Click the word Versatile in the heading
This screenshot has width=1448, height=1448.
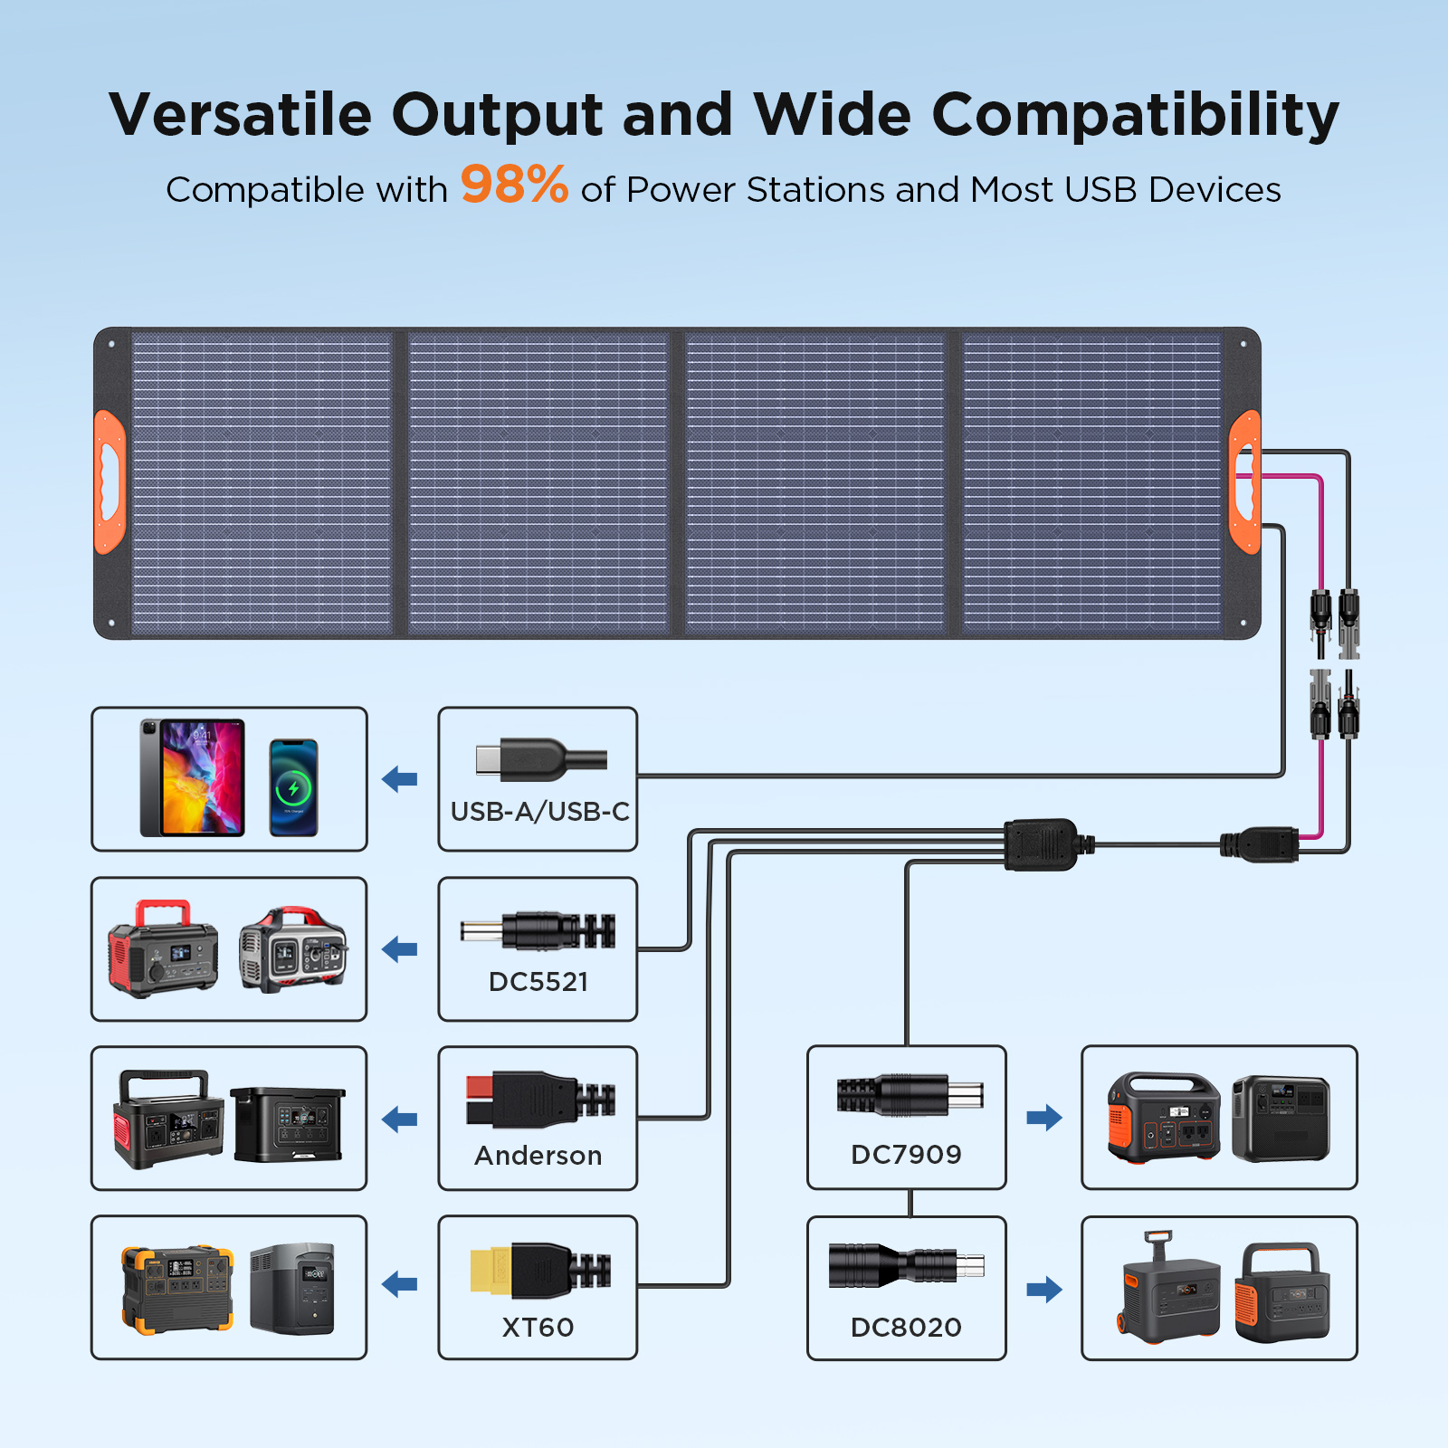pos(240,115)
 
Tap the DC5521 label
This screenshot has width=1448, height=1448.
pos(538,982)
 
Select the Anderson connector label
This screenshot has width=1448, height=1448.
pos(538,1156)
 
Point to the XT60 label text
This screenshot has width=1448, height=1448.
pos(538,1328)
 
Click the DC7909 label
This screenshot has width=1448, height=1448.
pos(906,1155)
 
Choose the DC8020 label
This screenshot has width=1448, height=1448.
pos(906,1328)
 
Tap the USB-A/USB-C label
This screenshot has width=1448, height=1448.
pos(539,812)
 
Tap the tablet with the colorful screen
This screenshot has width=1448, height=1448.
pos(193,778)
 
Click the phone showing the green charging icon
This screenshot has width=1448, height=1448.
pos(294,787)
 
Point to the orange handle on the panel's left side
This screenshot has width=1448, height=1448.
pos(110,481)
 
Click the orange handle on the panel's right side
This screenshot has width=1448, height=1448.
pos(1245,481)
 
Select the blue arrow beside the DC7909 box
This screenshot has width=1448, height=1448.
pos(1044,1118)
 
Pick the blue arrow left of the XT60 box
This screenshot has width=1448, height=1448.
pos(400,1284)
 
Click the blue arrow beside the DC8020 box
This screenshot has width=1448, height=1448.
pos(1044,1290)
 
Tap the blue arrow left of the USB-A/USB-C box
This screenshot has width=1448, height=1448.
pos(400,778)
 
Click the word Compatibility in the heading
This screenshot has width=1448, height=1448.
pos(1135,115)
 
